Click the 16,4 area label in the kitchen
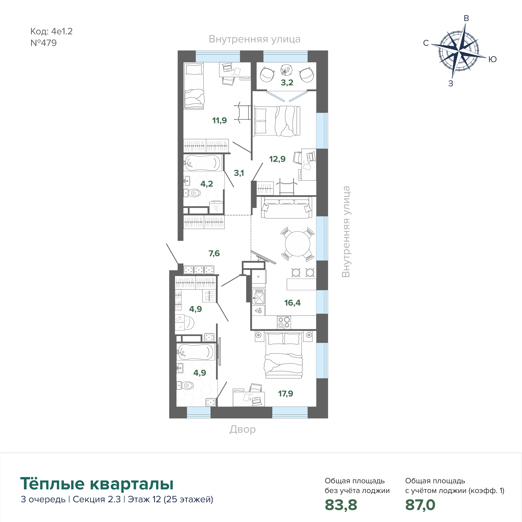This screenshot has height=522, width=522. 292,303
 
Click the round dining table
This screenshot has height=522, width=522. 297,244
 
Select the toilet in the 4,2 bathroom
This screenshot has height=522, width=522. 192,193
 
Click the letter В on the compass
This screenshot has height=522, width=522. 466,18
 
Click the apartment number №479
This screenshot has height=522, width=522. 44,43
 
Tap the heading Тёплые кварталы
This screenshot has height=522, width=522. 97,484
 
